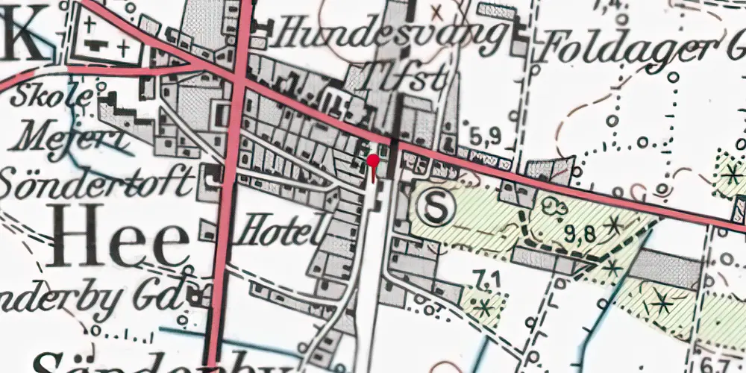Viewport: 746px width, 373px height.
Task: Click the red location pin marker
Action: tap(373, 162)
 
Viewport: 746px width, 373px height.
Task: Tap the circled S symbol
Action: tap(434, 207)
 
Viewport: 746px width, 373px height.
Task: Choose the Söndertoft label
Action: tap(98, 181)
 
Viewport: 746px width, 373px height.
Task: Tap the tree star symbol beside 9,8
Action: tap(614, 223)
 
